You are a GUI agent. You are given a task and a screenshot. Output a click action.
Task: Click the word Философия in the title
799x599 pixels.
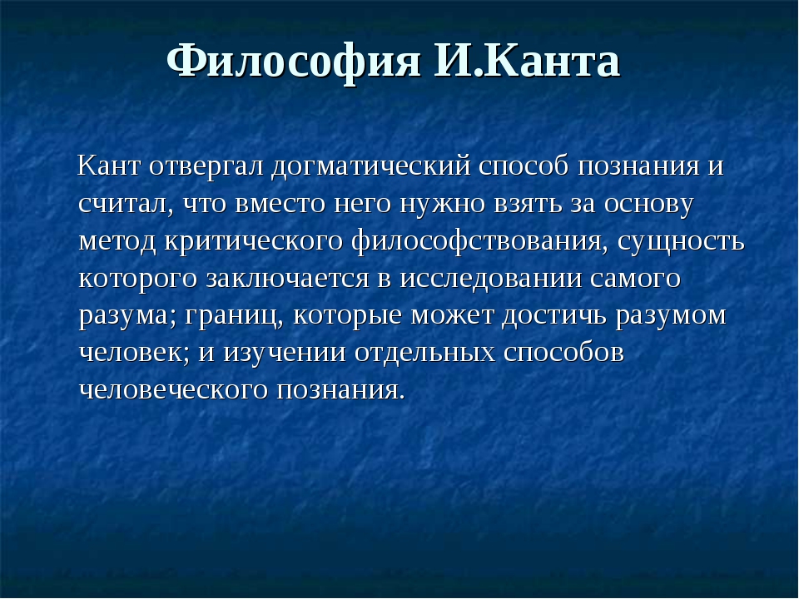tap(294, 62)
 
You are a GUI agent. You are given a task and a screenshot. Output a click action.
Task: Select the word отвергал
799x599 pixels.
tap(206, 166)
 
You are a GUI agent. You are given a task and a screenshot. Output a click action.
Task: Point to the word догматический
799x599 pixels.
tap(371, 166)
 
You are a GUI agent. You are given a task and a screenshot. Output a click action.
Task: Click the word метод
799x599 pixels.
tap(117, 242)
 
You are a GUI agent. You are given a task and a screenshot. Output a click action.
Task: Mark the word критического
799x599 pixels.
tap(253, 242)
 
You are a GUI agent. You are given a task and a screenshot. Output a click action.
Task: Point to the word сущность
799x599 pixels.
tap(681, 242)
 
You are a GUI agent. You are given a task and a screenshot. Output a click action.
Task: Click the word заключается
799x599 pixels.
tap(287, 279)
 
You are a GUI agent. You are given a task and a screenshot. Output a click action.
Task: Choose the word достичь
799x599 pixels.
tap(554, 316)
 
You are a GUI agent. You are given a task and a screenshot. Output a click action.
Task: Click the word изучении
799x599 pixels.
tap(285, 353)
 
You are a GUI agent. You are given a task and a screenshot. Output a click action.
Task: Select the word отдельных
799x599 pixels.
tap(425, 354)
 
